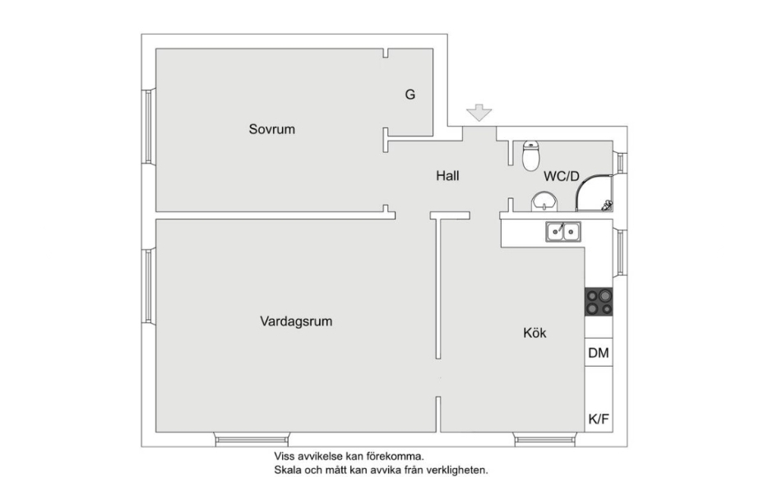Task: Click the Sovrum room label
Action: point(271,129)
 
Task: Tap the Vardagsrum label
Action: point(296,322)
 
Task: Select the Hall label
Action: point(447,176)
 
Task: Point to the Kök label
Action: point(534,333)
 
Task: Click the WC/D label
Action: point(562,176)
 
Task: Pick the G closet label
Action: point(409,95)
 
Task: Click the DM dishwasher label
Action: point(598,354)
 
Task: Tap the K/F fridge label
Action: point(598,419)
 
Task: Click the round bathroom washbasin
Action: point(544,200)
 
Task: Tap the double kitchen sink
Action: point(563,232)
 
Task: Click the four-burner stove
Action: point(598,302)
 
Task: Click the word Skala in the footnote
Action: point(289,471)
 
